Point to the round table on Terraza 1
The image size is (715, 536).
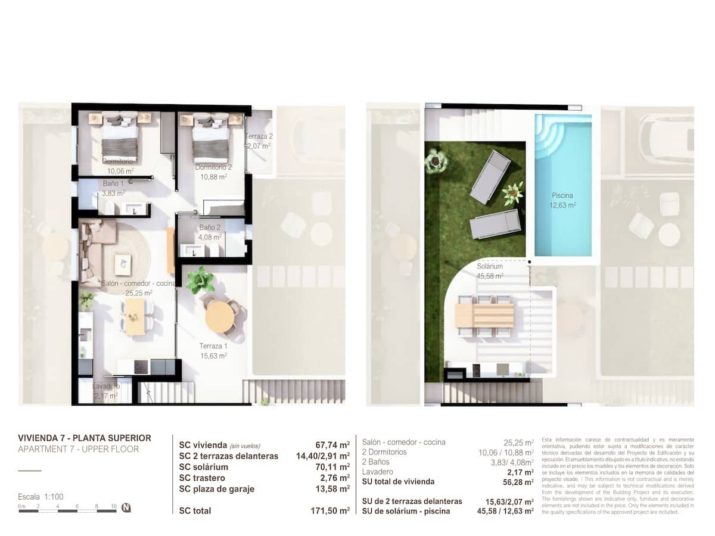pyautogui.click(x=219, y=316)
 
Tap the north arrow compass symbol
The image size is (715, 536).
pyautogui.click(x=126, y=508)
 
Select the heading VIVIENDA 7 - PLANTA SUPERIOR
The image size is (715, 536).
pyautogui.click(x=85, y=438)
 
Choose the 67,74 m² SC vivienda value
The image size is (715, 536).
pyautogui.click(x=332, y=445)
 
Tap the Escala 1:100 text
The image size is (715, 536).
pyautogui.click(x=41, y=496)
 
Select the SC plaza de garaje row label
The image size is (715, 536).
pyautogui.click(x=217, y=489)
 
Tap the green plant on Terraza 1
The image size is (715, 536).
pyautogui.click(x=200, y=280)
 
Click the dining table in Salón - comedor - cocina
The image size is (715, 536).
pyautogui.click(x=135, y=316)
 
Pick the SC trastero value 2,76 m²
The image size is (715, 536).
pyautogui.click(x=335, y=478)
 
